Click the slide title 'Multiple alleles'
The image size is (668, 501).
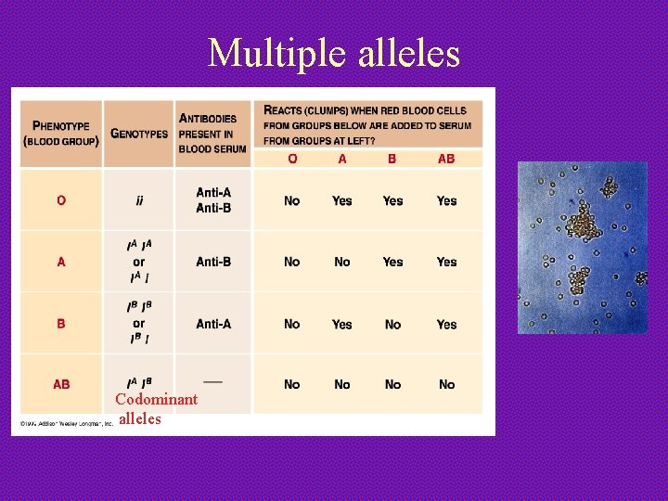(334, 53)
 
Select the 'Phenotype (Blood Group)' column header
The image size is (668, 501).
(61, 133)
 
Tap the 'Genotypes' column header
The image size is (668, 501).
(139, 133)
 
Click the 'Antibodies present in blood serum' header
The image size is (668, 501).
(212, 133)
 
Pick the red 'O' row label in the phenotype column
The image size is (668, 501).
(61, 200)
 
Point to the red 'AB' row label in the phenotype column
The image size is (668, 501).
(61, 384)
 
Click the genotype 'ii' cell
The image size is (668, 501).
(139, 200)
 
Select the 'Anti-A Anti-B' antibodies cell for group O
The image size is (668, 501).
(213, 200)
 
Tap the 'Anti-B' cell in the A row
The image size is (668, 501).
(213, 262)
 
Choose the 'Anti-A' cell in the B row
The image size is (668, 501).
(213, 324)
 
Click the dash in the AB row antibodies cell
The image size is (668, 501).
(212, 379)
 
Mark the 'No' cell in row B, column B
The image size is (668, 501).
(392, 325)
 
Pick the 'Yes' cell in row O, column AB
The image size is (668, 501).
(446, 200)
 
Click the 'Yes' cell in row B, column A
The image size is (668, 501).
(342, 325)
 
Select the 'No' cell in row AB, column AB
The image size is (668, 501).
(446, 384)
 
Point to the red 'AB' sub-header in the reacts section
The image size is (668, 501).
(446, 159)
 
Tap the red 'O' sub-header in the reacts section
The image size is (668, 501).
(292, 159)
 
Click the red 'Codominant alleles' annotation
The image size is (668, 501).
(156, 408)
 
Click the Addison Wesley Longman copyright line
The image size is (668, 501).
(63, 423)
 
